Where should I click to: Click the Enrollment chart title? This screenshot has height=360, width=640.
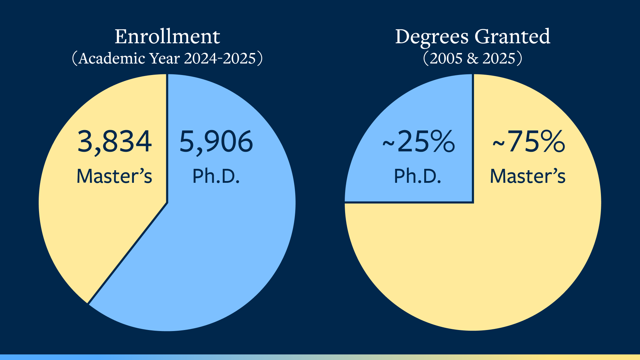click(x=167, y=37)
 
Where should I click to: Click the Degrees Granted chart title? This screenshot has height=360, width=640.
click(x=472, y=37)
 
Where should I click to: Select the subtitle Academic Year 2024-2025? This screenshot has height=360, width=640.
click(x=167, y=58)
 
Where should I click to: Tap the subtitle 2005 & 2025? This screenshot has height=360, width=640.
click(x=472, y=58)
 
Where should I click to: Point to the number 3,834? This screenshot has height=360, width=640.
click(x=114, y=142)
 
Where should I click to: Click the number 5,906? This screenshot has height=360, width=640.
click(x=216, y=142)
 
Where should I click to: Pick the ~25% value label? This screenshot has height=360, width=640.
click(x=418, y=142)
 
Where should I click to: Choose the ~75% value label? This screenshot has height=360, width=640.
click(x=528, y=142)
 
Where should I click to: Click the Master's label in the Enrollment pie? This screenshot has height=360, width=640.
click(x=114, y=176)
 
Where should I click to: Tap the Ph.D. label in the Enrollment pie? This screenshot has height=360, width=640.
click(x=216, y=176)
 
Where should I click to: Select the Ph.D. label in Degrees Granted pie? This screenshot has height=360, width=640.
click(x=418, y=176)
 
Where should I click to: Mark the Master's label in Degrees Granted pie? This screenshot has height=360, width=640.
click(x=528, y=176)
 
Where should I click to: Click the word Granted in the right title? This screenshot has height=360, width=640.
click(x=512, y=37)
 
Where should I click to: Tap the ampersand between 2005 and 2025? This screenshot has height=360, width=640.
click(x=472, y=59)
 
